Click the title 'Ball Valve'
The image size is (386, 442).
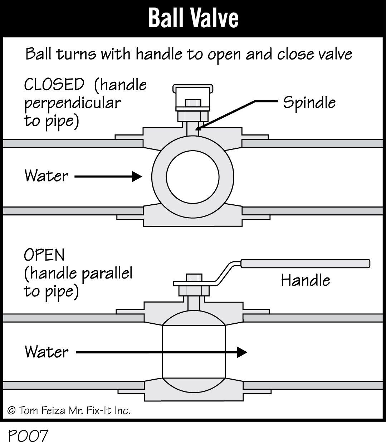point(193,18)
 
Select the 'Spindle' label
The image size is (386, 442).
point(309,103)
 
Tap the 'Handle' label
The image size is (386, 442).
point(305,280)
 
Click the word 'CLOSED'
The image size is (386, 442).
point(54,85)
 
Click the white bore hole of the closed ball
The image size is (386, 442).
point(192,177)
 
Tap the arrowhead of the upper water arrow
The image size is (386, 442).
point(137,176)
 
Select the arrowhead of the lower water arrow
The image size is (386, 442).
point(242,352)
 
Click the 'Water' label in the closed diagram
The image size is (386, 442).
point(47,176)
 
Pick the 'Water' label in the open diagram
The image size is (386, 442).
point(47,352)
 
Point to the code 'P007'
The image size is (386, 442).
point(28,436)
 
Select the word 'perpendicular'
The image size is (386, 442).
point(72,103)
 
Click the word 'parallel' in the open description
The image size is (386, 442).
point(107,274)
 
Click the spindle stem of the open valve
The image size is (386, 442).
point(194,303)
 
